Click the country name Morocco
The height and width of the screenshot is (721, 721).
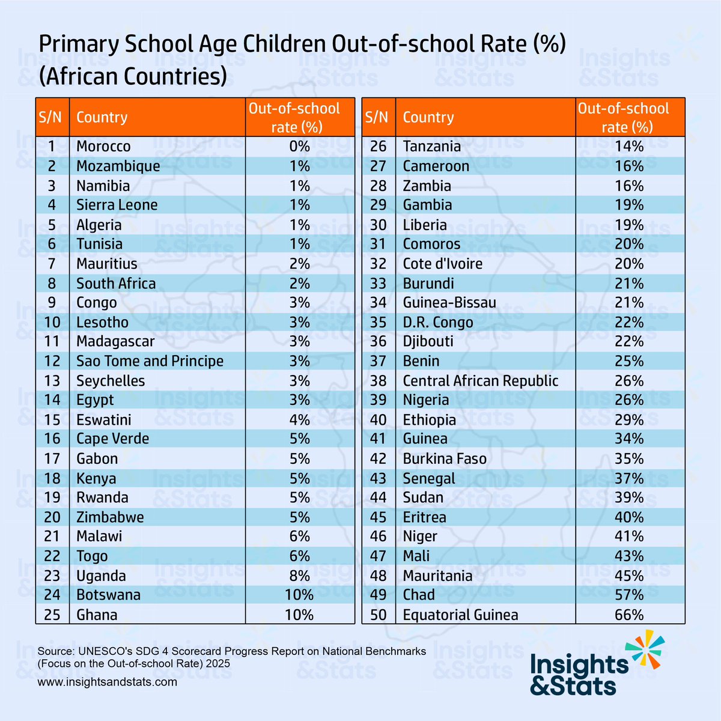(103, 147)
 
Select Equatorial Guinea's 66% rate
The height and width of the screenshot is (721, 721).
(629, 615)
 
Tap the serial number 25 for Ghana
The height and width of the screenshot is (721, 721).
(52, 615)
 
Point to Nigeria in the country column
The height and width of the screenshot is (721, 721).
(425, 400)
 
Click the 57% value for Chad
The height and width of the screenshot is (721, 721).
(629, 595)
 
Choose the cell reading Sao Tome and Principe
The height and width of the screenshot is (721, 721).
(150, 361)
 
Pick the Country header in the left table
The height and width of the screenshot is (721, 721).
(102, 117)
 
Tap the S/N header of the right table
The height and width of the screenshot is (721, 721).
(377, 117)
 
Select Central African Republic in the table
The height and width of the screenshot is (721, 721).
(480, 381)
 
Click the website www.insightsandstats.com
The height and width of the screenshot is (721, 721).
(107, 682)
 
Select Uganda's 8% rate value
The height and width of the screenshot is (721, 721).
(299, 576)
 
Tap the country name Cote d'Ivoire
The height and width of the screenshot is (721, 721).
(442, 264)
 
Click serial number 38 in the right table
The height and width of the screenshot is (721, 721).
(378, 381)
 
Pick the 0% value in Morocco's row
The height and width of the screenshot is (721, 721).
(299, 147)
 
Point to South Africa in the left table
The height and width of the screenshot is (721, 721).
(116, 284)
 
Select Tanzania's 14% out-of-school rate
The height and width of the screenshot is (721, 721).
(629, 147)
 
